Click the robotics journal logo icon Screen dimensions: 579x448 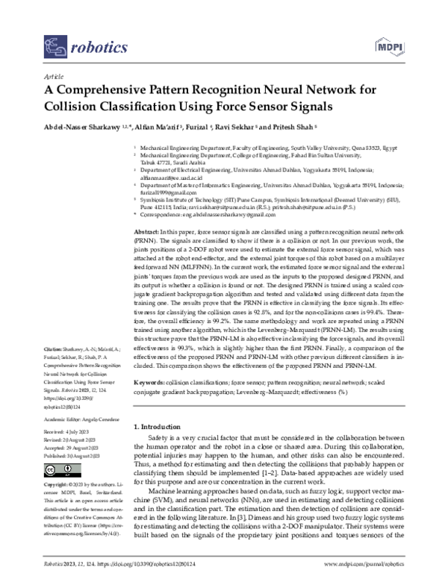pyautogui.click(x=53, y=49)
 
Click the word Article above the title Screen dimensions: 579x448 pyautogui.click(x=54, y=77)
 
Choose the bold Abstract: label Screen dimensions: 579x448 pyautogui.click(x=146, y=234)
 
